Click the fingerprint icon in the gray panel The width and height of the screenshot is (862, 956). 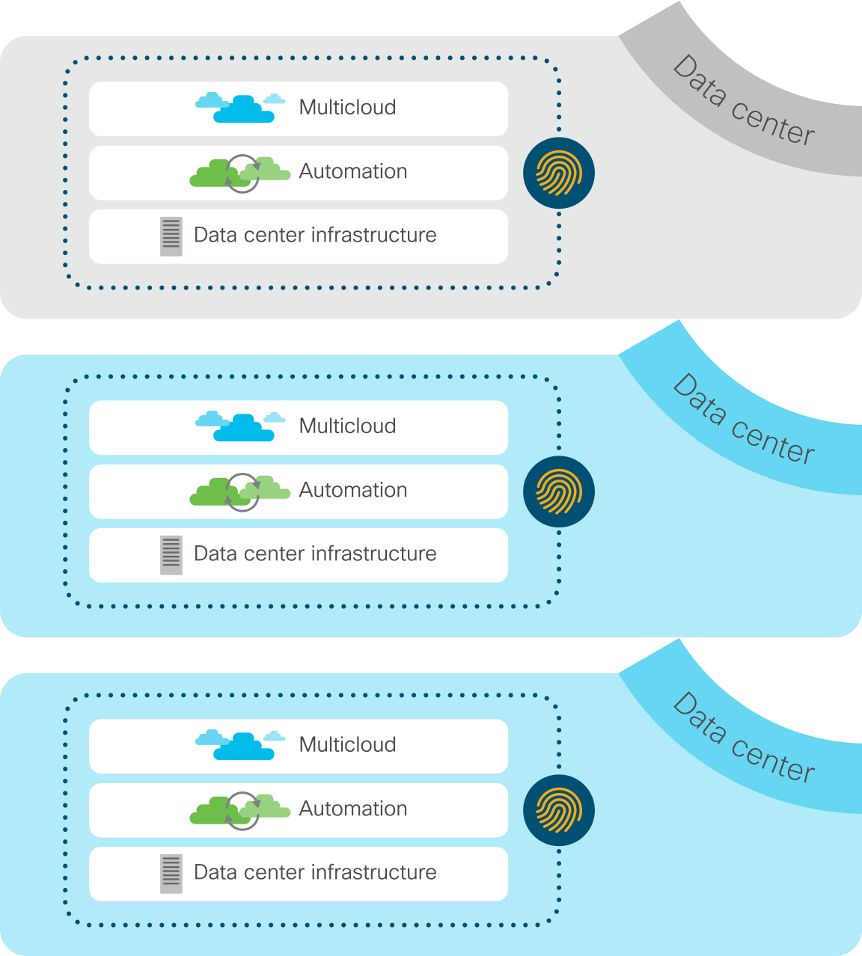[559, 173]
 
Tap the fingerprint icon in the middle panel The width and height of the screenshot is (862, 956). [559, 491]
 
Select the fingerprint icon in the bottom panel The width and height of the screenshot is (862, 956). [559, 810]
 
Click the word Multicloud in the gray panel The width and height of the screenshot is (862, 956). [347, 108]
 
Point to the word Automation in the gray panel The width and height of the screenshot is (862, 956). [353, 171]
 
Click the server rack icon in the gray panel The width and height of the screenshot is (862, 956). [171, 236]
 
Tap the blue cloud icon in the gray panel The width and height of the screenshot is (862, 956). [241, 108]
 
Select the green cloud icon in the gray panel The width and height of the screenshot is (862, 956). [239, 173]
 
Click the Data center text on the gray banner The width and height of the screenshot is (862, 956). [743, 101]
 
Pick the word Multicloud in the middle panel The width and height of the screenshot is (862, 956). [347, 426]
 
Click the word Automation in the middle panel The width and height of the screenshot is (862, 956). [353, 490]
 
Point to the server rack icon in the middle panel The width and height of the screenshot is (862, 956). [171, 555]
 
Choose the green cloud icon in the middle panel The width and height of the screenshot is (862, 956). [239, 491]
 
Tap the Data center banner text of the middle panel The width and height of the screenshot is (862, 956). [743, 420]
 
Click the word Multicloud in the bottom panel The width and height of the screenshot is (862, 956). [347, 745]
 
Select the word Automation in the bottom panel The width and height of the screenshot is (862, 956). [353, 809]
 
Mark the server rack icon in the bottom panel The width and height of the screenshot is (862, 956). [171, 874]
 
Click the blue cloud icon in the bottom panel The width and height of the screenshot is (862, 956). [241, 745]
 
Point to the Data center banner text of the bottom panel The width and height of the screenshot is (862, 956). [743, 738]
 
